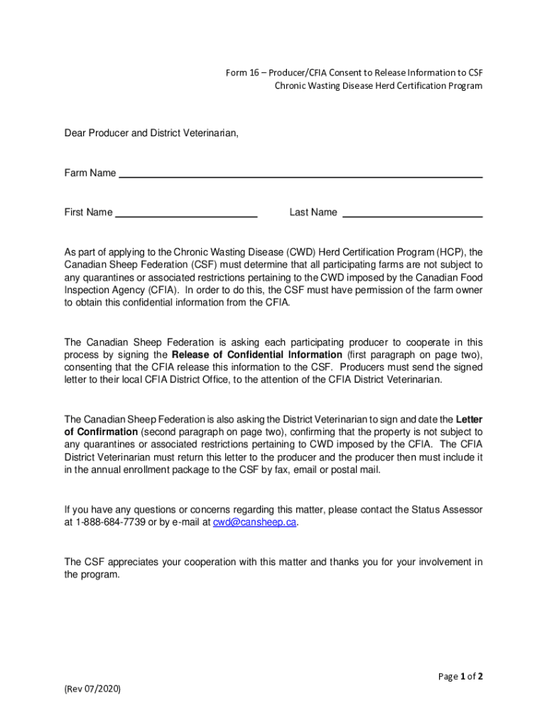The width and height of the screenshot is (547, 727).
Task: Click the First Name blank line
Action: point(185,214)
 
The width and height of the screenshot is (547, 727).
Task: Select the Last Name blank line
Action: point(413,214)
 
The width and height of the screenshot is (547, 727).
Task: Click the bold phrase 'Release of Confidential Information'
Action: point(256,354)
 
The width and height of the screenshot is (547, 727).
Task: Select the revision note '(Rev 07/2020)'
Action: point(92,688)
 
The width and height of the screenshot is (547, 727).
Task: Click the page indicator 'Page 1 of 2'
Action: point(461,677)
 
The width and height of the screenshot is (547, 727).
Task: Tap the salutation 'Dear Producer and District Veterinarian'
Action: point(151,133)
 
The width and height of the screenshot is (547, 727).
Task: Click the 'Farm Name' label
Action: point(90,173)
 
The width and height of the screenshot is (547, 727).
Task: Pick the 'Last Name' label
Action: point(313,212)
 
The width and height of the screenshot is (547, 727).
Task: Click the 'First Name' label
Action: point(88,212)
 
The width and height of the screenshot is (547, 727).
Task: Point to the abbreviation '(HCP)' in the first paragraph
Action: point(450,252)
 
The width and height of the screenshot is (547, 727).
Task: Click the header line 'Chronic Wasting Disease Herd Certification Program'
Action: point(379,86)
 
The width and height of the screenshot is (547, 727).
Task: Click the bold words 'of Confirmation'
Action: point(101,432)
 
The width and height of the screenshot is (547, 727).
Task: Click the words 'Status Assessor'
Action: point(447,510)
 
